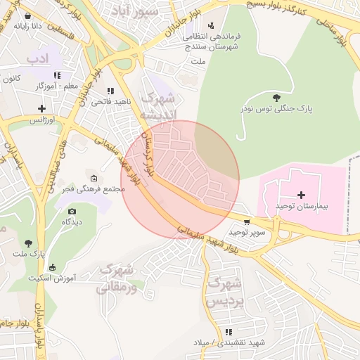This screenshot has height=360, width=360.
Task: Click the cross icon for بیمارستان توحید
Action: point(302,195)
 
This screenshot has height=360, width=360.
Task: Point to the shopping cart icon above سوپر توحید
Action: point(245,220)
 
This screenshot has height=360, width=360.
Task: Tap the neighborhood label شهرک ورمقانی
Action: point(117,278)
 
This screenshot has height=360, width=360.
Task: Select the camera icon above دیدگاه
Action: point(72,211)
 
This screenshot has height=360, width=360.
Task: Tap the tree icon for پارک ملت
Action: point(28,242)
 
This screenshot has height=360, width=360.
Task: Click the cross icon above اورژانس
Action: point(42,108)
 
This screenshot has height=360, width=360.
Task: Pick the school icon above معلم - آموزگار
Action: point(57,75)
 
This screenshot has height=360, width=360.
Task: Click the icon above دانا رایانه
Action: point(27,15)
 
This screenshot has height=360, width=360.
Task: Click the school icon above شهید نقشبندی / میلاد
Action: point(229,332)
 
